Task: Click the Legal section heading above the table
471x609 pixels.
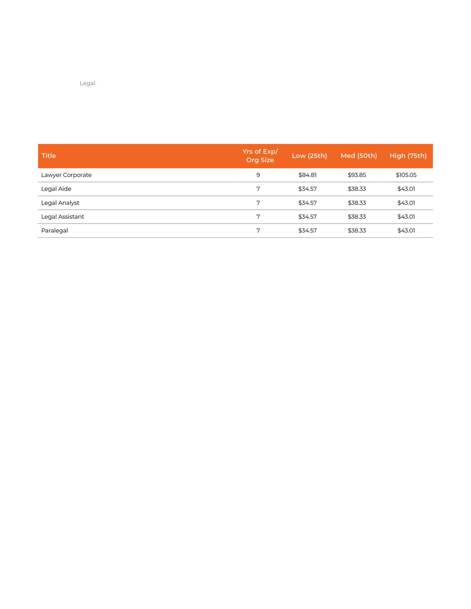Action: (87, 83)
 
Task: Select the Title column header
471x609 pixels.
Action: (49, 156)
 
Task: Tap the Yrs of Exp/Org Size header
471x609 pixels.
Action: (260, 156)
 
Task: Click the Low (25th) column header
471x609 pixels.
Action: (309, 156)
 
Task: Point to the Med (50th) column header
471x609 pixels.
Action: (359, 156)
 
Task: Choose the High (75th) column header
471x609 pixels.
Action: (408, 156)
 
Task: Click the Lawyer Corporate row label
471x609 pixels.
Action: (66, 175)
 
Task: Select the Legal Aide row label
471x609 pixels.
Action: (56, 189)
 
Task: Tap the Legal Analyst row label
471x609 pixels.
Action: (60, 203)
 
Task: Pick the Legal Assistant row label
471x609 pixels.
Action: (63, 217)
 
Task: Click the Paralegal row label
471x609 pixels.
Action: (55, 231)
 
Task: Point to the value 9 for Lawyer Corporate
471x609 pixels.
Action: (258, 175)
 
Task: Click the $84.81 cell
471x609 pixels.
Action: (307, 175)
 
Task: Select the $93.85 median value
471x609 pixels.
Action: (357, 175)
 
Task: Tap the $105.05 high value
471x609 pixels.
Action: (406, 175)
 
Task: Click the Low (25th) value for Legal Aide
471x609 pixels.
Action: (307, 189)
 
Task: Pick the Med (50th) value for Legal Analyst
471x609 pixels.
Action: (357, 203)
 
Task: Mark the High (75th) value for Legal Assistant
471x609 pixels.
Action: (406, 217)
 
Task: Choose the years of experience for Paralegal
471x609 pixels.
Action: (258, 231)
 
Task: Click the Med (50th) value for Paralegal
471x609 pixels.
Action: (357, 231)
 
